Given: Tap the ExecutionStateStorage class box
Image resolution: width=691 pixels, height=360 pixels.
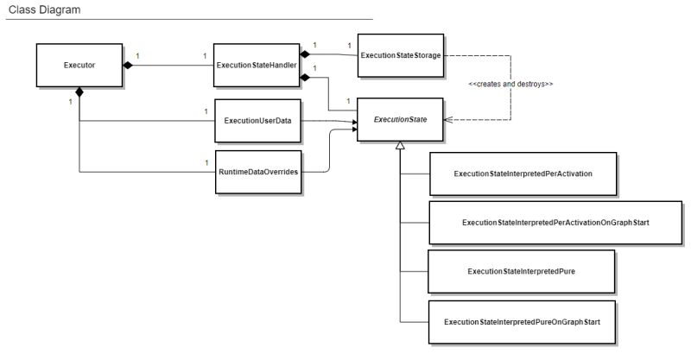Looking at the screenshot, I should click(x=400, y=55).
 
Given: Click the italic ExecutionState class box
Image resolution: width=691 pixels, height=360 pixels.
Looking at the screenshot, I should click(x=400, y=120).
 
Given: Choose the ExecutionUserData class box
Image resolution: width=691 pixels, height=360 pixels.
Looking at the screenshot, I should click(x=257, y=120).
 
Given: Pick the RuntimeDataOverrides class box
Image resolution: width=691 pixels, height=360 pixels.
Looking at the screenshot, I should click(x=257, y=172).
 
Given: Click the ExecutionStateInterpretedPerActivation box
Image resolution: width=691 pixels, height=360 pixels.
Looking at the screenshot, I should click(x=522, y=174).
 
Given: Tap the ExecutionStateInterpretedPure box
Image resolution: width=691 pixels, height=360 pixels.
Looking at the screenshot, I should click(x=521, y=271).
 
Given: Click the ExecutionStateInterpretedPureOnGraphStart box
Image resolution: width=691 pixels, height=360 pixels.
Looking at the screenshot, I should click(x=522, y=321).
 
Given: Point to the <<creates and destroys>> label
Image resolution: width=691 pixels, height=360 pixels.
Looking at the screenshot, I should click(x=510, y=85).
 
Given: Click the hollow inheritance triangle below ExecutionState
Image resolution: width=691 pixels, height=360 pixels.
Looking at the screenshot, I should click(x=400, y=148).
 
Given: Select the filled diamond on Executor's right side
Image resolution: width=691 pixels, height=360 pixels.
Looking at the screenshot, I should click(x=128, y=65).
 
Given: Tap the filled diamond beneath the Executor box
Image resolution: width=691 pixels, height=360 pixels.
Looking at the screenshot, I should click(x=79, y=92).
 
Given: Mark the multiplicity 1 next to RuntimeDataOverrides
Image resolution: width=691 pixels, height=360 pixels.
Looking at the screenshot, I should click(x=206, y=162).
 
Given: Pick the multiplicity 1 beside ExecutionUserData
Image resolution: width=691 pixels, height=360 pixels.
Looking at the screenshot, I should click(x=206, y=111).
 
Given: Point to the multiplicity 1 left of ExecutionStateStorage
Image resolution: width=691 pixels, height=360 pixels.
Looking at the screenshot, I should click(x=348, y=44).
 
